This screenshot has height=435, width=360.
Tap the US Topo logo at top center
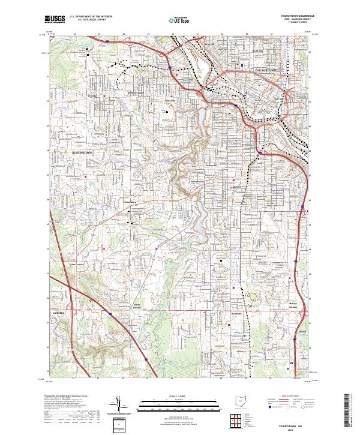pyautogui.click(x=180, y=19)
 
